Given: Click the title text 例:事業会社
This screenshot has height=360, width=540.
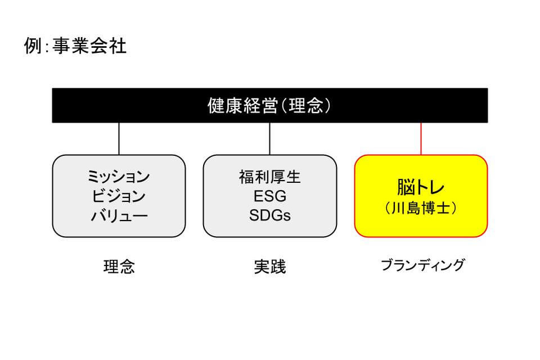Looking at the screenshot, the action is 75,45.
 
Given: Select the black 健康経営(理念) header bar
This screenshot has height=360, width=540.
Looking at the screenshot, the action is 269,105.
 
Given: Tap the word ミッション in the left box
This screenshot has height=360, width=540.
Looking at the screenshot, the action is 119,177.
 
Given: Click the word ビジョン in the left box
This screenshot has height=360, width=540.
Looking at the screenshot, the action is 119,196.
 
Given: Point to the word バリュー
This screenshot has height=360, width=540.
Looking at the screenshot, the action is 119,215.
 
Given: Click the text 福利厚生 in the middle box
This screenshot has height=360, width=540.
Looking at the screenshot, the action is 269,177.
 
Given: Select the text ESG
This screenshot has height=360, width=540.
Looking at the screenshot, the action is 269,196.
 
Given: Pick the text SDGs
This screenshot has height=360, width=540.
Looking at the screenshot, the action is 269,215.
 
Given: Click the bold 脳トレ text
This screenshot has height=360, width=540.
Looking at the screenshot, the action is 421,187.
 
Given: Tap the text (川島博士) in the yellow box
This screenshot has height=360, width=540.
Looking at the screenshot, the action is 421,208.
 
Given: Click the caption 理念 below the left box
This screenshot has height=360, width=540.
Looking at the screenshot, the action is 119,267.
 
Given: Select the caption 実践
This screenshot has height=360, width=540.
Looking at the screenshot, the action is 269,267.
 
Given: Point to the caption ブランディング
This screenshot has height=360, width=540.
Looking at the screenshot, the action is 422,265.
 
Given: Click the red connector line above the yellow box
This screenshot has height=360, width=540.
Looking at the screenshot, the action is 421,139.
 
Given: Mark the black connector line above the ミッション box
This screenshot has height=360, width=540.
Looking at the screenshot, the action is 119,139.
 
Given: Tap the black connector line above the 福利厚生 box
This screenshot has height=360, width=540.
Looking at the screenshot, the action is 269,139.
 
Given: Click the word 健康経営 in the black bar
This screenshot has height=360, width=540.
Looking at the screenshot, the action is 242,105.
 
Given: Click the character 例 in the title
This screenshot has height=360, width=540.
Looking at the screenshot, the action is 33,46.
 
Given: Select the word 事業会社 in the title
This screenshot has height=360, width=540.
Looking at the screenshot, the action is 89,45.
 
